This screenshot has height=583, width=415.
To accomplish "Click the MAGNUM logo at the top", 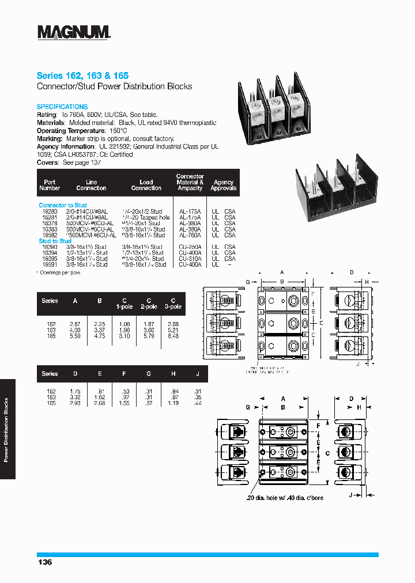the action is click(74, 32).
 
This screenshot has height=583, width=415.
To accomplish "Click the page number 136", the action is click(44, 562).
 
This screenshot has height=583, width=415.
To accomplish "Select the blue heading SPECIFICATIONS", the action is click(62, 107).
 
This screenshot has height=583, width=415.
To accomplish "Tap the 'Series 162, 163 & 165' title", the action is click(82, 75).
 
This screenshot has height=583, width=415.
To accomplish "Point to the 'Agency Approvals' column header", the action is click(223, 185).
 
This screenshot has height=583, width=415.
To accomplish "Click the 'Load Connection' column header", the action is click(146, 185).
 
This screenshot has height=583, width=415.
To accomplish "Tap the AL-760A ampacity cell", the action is click(190, 235).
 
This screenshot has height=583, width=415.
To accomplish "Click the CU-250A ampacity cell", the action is click(190, 247).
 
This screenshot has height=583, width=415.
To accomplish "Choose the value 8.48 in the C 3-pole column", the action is click(173, 336).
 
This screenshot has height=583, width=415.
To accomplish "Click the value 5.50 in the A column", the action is click(75, 336).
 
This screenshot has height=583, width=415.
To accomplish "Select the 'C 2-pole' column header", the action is click(148, 303).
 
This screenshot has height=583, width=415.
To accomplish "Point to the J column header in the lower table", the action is click(198, 374).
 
